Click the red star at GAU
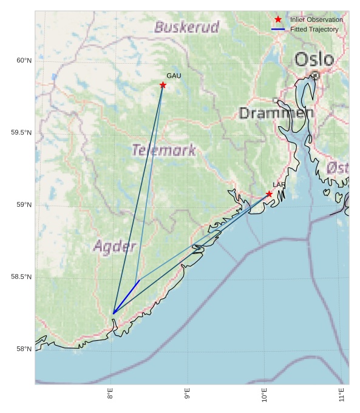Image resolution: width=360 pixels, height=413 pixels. click(163, 85)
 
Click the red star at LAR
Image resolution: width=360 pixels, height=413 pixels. click(269, 194)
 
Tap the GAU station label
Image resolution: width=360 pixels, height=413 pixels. click(174, 76)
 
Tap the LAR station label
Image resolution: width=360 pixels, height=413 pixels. click(279, 185)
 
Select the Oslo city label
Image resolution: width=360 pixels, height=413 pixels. click(314, 59)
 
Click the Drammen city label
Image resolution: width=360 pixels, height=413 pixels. click(276, 113)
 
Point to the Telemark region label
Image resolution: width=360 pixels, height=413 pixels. click(164, 150)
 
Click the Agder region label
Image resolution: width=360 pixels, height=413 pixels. click(115, 246)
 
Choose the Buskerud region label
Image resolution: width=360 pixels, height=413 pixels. click(186, 27)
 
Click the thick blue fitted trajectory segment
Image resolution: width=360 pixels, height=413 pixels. click(126, 297)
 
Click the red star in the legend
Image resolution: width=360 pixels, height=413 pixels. click(278, 19)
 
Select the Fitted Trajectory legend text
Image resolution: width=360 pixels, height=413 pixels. click(314, 29)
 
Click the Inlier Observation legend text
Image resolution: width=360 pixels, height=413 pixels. click(316, 19)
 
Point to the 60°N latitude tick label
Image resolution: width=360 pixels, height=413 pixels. click(24, 61)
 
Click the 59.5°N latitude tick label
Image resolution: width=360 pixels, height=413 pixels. click(21, 133)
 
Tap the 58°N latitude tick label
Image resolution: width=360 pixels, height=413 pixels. click(24, 349)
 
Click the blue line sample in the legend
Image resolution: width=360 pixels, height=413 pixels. click(278, 29)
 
